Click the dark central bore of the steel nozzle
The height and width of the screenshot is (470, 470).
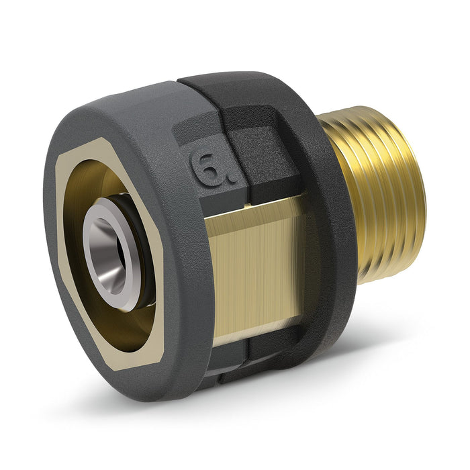(107, 250)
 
